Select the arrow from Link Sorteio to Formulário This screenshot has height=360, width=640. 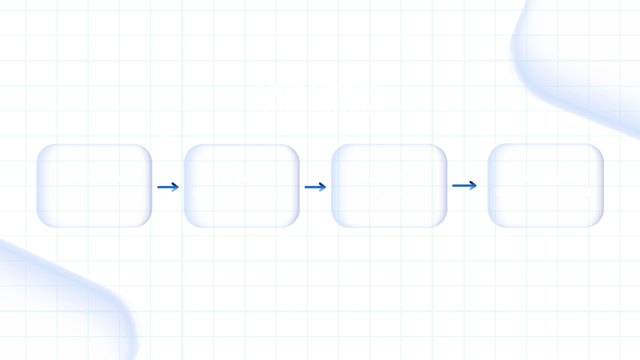click(168, 187)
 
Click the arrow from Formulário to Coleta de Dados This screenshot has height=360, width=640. click(315, 187)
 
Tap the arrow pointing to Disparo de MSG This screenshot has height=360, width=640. click(465, 187)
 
